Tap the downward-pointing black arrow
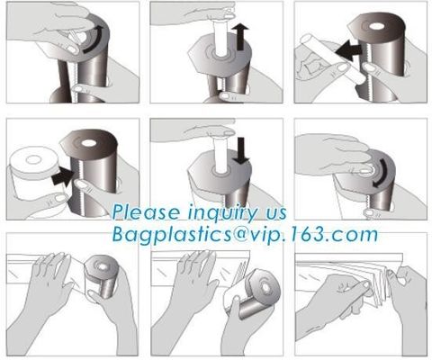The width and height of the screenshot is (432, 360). (238, 151)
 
